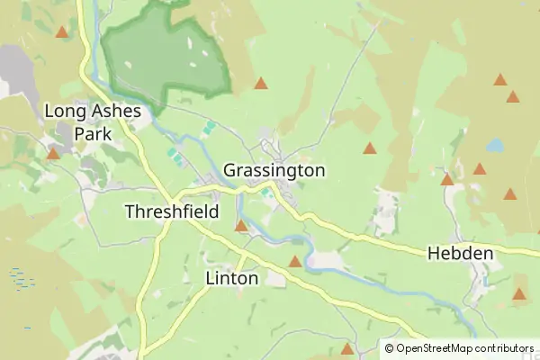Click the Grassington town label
click(x=274, y=170)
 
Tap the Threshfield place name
click(x=171, y=211)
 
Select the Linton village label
click(x=231, y=278)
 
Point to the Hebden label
click(x=460, y=254)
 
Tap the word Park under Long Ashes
click(x=93, y=133)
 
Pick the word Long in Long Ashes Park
click(x=64, y=112)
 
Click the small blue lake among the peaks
click(x=495, y=143)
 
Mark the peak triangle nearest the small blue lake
click(x=480, y=168)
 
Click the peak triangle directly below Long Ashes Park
click(x=53, y=154)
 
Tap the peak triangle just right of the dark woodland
click(x=260, y=84)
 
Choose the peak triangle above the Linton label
click(x=241, y=226)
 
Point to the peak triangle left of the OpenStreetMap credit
click(x=347, y=348)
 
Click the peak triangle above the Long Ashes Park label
click(x=61, y=32)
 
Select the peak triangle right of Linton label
click(x=294, y=262)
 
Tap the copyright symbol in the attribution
click(x=390, y=347)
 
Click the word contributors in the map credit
click(x=505, y=347)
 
